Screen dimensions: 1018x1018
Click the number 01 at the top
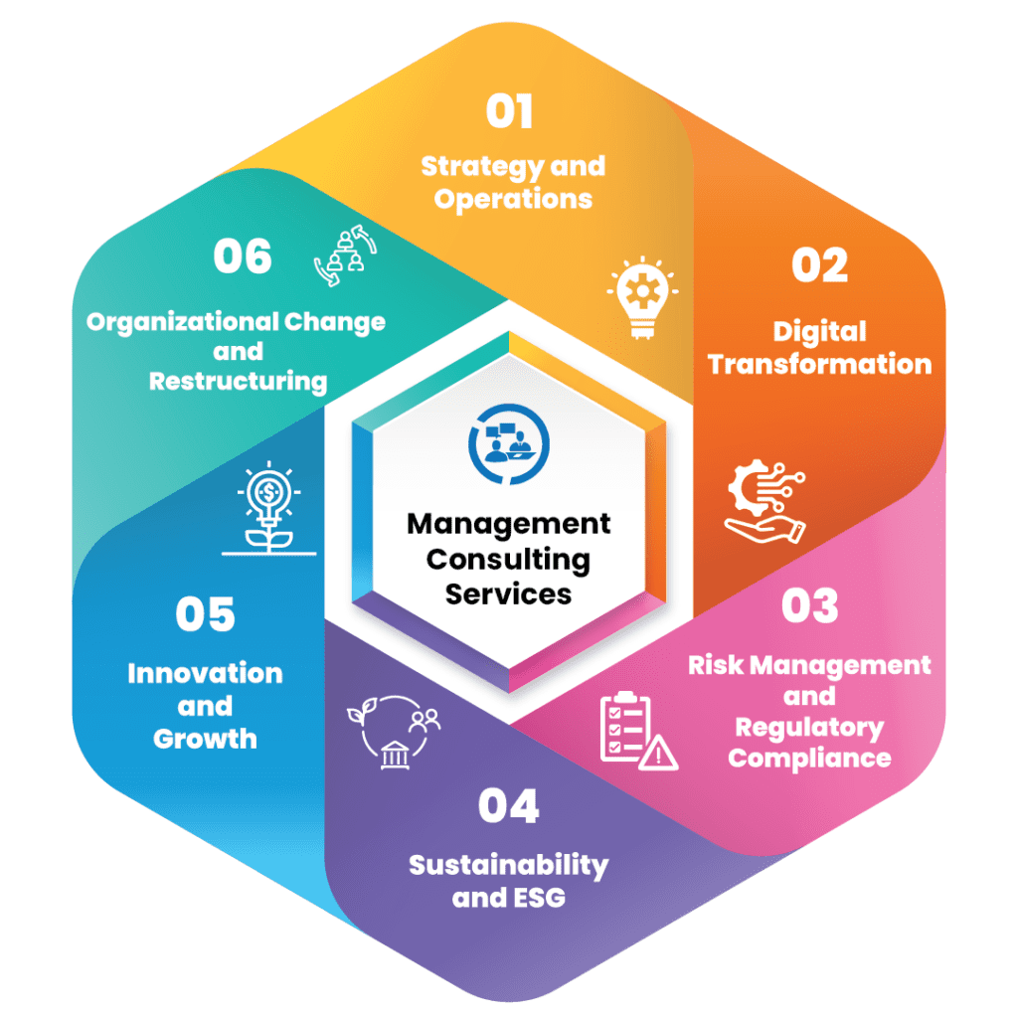[509, 111]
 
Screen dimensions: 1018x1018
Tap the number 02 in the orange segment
[819, 265]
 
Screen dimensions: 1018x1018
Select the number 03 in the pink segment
[809, 606]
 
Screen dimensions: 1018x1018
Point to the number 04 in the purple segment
[508, 806]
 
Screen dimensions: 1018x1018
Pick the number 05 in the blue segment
[206, 614]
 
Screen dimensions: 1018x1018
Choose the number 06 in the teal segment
[243, 256]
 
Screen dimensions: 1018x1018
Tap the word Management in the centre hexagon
[508, 524]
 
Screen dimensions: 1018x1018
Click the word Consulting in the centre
[508, 559]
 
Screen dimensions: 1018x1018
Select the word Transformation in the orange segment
[820, 364]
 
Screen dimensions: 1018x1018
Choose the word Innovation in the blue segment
[205, 673]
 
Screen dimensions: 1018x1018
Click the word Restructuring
[238, 381]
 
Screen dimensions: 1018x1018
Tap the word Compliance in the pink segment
[809, 758]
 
